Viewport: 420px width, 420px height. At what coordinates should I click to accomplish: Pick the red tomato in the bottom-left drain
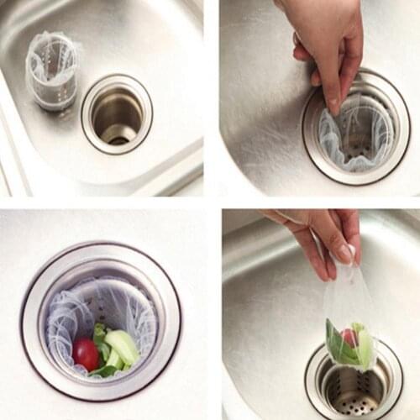86,354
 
